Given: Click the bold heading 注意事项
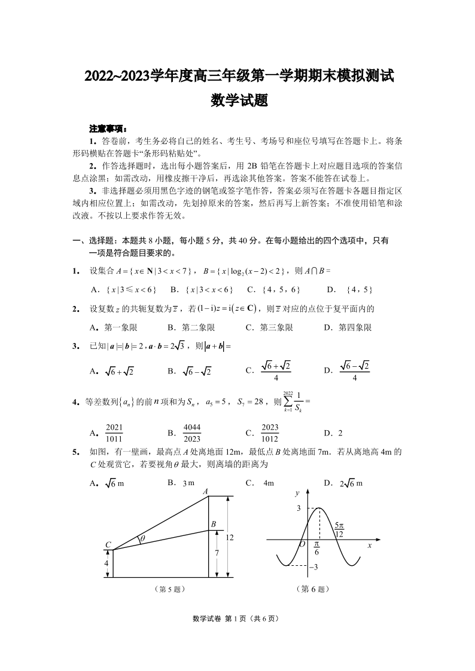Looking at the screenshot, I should pos(108,128).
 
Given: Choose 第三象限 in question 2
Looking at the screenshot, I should pos(269,327).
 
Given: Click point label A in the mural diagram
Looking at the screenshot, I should pos(206,491).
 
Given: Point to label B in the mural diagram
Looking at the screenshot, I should pos(213,524).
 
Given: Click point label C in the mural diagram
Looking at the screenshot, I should pos(108,544).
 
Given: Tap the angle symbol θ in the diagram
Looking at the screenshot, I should pos(141,539).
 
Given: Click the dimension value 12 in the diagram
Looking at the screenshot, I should pos(229,537).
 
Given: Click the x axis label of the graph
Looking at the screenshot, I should pos(370,546).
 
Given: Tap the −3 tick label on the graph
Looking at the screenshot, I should pos(312,566).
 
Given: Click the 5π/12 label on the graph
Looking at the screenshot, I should pos(339,529).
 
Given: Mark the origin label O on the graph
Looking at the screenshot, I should pos(302,544).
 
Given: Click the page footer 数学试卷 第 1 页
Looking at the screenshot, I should pos(237,618).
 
